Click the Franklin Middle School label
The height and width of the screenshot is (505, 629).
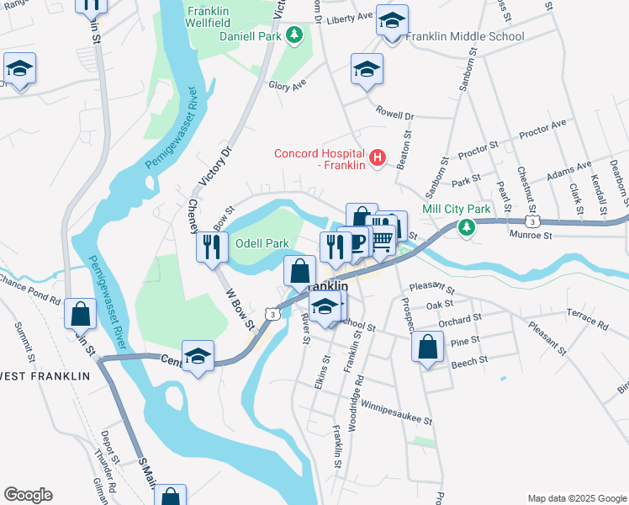tap(465, 36)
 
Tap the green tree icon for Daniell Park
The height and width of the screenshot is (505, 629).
tap(294, 35)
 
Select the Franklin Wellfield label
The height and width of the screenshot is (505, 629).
tap(209, 18)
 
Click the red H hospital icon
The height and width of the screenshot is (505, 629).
tap(378, 157)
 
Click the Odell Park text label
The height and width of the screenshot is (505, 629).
tap(262, 243)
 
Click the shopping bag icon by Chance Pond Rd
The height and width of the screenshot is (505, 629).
tap(79, 313)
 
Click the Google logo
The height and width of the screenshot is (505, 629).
tap(28, 495)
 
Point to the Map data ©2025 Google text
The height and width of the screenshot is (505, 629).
tap(576, 498)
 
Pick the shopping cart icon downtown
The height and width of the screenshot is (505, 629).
tap(382, 239)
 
